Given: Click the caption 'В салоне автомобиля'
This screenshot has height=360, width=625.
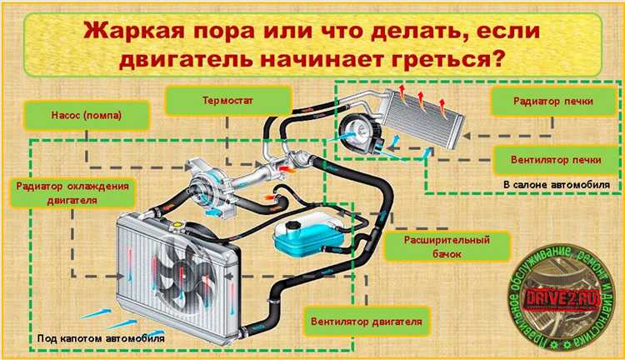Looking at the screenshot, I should pos(556,183).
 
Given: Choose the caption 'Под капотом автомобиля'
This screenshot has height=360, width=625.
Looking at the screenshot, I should pos(101,340).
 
